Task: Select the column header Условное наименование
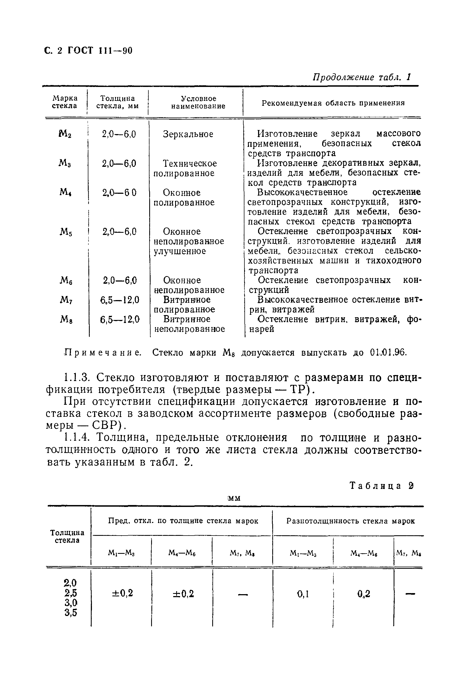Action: coord(198,102)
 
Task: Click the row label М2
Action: coord(65,134)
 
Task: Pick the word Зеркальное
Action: coord(188,134)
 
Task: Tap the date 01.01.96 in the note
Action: coord(388,353)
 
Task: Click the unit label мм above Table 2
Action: coord(234,498)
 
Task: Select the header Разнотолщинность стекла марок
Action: coord(350,521)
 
